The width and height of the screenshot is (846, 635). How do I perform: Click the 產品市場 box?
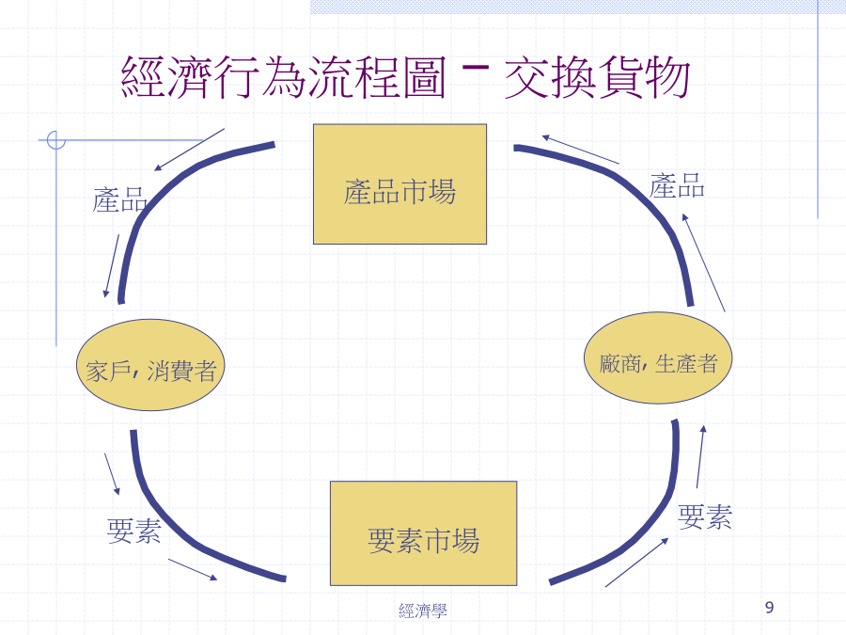pos(399,184)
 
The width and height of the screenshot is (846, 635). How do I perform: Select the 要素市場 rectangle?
pos(424,533)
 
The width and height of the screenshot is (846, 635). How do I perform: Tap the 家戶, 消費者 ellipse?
pos(150,365)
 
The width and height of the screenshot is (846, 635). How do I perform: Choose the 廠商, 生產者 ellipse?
pos(658,358)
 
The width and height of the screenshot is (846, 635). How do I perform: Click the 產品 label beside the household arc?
pos(119,199)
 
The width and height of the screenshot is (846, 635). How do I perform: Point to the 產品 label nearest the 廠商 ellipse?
pos(677,185)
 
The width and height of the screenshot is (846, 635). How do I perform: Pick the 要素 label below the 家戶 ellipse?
pos(133,531)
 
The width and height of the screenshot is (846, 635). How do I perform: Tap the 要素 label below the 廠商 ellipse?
pos(705,516)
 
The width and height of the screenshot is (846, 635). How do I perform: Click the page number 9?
pos(769,608)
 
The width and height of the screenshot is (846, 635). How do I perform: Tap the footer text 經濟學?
pos(423,611)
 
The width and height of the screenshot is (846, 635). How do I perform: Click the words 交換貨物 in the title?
pos(597,78)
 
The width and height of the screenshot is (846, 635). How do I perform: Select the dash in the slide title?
pos(476,68)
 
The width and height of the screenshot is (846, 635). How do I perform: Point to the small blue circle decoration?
pos(56,140)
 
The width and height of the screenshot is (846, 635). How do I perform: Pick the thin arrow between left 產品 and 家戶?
pos(112,265)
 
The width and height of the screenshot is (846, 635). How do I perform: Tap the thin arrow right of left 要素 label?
pos(193,570)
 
